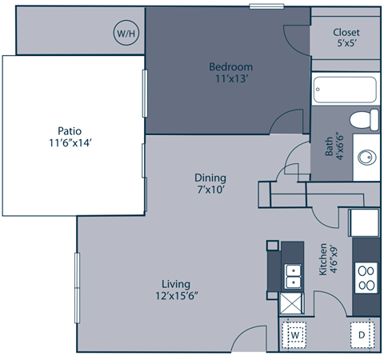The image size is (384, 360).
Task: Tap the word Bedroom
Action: pyautogui.click(x=230, y=66)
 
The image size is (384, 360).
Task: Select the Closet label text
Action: pyautogui.click(x=347, y=33)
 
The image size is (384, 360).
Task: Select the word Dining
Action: pyautogui.click(x=210, y=178)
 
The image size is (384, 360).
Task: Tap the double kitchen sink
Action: pyautogui.click(x=294, y=276)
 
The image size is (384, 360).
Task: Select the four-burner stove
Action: pyautogui.click(x=366, y=277)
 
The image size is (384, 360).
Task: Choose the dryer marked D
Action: pyautogui.click(x=362, y=332)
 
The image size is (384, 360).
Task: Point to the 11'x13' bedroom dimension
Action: pyautogui.click(x=230, y=79)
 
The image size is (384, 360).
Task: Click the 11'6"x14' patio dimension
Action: pyautogui.click(x=70, y=144)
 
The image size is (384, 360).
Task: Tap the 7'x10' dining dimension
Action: pyautogui.click(x=210, y=190)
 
